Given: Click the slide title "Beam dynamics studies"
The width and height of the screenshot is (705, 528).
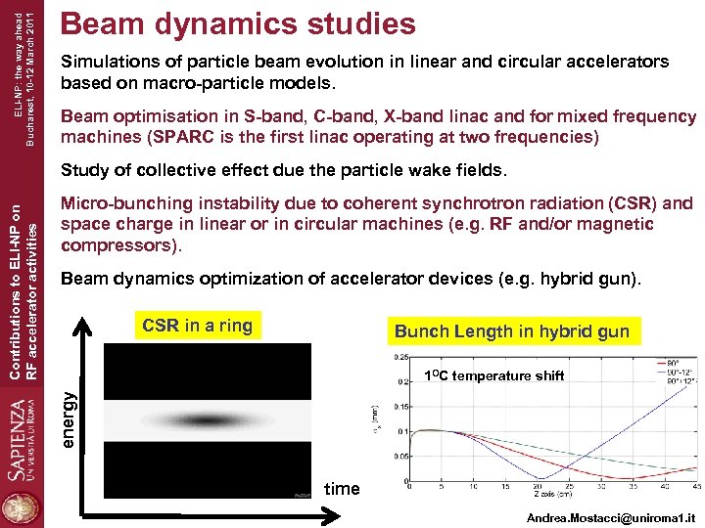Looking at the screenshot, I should coord(238,23).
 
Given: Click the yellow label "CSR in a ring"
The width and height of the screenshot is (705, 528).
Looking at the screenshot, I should coord(197,326).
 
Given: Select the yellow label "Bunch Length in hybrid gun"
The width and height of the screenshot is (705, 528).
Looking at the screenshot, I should coord(511,331).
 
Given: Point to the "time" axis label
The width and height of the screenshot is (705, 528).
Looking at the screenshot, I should coord(342,488).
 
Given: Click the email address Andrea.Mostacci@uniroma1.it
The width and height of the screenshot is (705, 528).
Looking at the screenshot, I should coord(609,514).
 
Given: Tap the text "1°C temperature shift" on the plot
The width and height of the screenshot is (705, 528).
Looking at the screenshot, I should coord(494,375).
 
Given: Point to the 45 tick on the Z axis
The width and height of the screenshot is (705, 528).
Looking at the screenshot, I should coord(693,485).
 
